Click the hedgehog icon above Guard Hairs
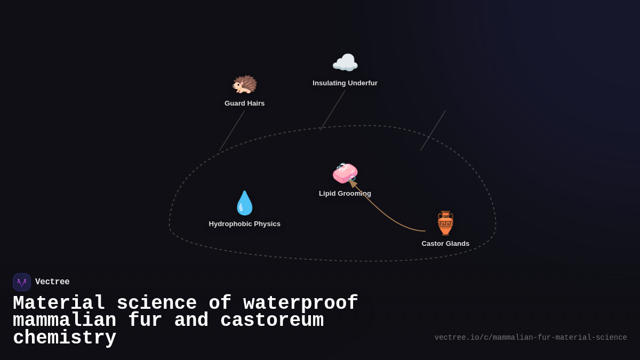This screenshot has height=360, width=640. [244, 84]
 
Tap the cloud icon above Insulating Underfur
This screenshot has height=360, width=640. [345, 63]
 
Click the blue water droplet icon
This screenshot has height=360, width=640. [244, 203]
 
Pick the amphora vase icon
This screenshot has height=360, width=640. [445, 223]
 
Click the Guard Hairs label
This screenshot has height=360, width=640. [244, 103]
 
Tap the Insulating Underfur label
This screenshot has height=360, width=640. [345, 83]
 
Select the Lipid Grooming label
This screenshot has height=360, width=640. [345, 194]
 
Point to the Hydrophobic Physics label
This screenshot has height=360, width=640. [244, 224]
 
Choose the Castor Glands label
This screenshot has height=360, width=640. [445, 244]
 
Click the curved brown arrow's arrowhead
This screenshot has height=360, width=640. [352, 183]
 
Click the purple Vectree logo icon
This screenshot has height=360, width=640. [22, 282]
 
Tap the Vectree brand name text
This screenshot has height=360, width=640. [52, 282]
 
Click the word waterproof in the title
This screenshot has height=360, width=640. [301, 303]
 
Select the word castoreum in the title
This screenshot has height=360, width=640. [272, 321]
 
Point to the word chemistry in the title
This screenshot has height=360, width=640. [65, 338]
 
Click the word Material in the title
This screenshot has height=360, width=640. [59, 303]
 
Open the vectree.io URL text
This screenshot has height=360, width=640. [531, 338]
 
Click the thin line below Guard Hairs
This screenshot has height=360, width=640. [232, 131]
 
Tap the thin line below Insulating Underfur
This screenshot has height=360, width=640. [332, 110]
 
